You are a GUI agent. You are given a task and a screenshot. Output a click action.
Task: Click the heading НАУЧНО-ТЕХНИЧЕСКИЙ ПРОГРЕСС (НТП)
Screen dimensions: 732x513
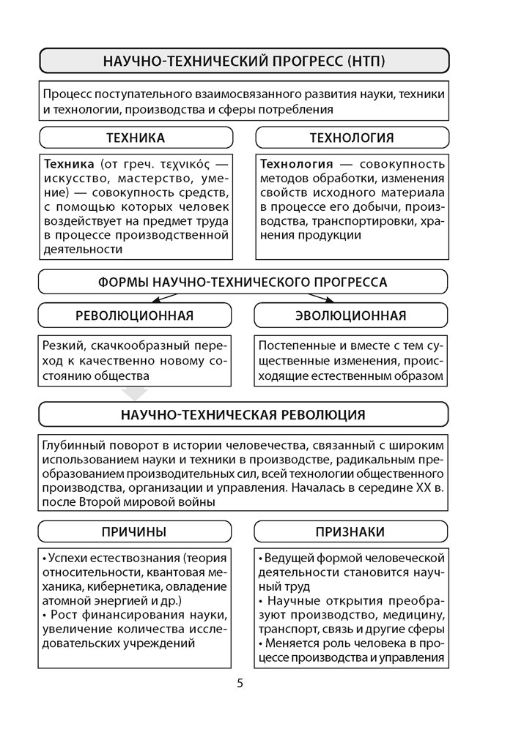pyautogui.click(x=243, y=61)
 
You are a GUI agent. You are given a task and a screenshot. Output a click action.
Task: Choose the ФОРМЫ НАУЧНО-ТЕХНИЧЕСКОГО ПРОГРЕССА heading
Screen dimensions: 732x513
pyautogui.click(x=243, y=282)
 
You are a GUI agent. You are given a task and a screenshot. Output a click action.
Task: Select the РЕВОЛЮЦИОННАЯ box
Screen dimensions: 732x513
pyautogui.click(x=135, y=315)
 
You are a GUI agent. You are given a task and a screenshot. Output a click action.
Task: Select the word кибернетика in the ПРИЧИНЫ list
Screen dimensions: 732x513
pyautogui.click(x=127, y=587)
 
